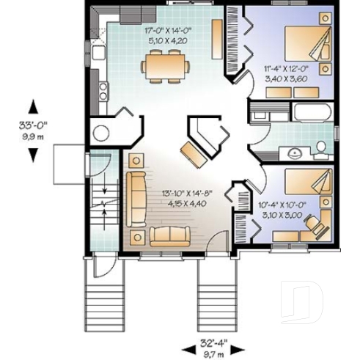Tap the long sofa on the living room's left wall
[136, 198]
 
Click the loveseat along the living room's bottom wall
[169, 236]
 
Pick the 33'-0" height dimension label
[34, 125]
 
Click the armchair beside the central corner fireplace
[193, 153]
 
